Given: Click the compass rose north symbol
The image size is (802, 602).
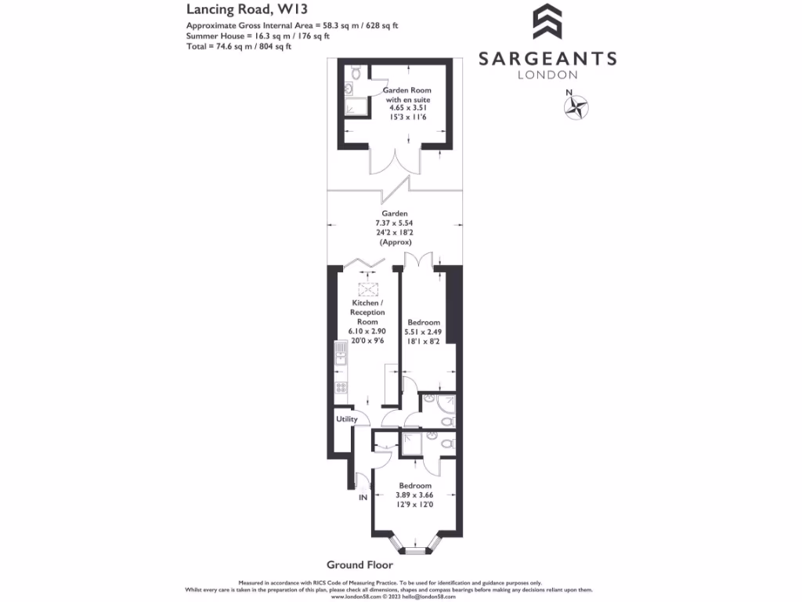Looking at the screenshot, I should click(578, 107).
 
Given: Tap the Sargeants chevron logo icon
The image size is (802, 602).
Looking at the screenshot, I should click(547, 22).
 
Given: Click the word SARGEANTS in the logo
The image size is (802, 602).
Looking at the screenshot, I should click(547, 59).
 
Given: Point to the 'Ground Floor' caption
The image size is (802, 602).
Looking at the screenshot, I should click(359, 564).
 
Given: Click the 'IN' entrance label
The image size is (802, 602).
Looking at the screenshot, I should click(363, 498).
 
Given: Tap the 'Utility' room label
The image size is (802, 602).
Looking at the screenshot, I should click(346, 419).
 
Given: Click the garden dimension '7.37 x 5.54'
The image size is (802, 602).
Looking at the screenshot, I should click(395, 223).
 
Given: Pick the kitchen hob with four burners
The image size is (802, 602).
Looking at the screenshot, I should click(341, 386).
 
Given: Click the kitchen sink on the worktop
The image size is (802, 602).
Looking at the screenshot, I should click(341, 357).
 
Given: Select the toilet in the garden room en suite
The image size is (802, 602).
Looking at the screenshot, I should click(356, 74).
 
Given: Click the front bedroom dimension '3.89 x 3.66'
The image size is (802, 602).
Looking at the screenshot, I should click(414, 495).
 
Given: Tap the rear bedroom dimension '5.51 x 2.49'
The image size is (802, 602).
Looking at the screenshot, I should click(423, 332).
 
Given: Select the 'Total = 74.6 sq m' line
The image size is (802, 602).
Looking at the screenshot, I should click(239, 46).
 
